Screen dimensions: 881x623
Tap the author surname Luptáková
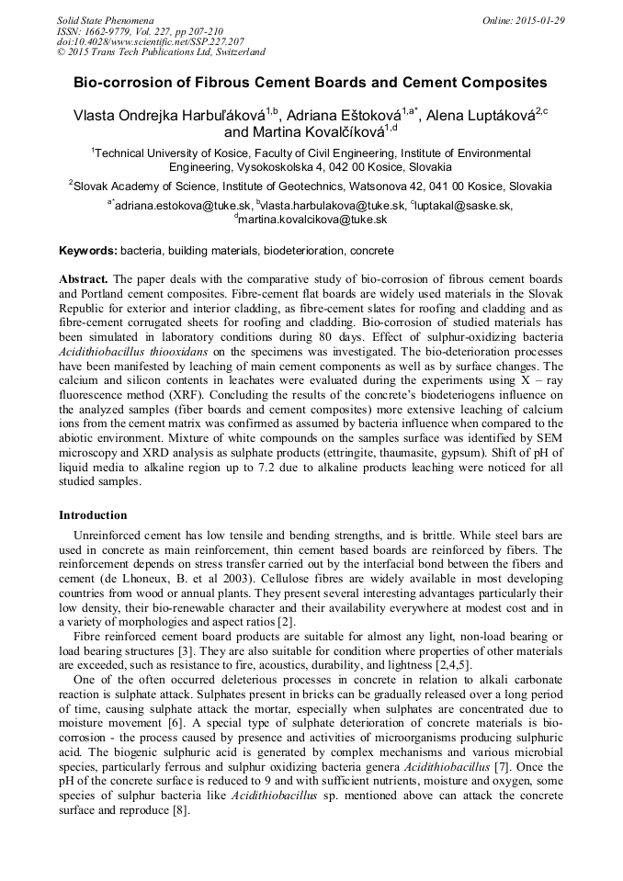click(496, 115)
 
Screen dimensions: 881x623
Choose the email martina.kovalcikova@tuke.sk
click(312, 220)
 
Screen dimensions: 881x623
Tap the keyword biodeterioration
click(306, 251)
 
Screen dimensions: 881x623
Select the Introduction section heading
click(93, 515)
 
